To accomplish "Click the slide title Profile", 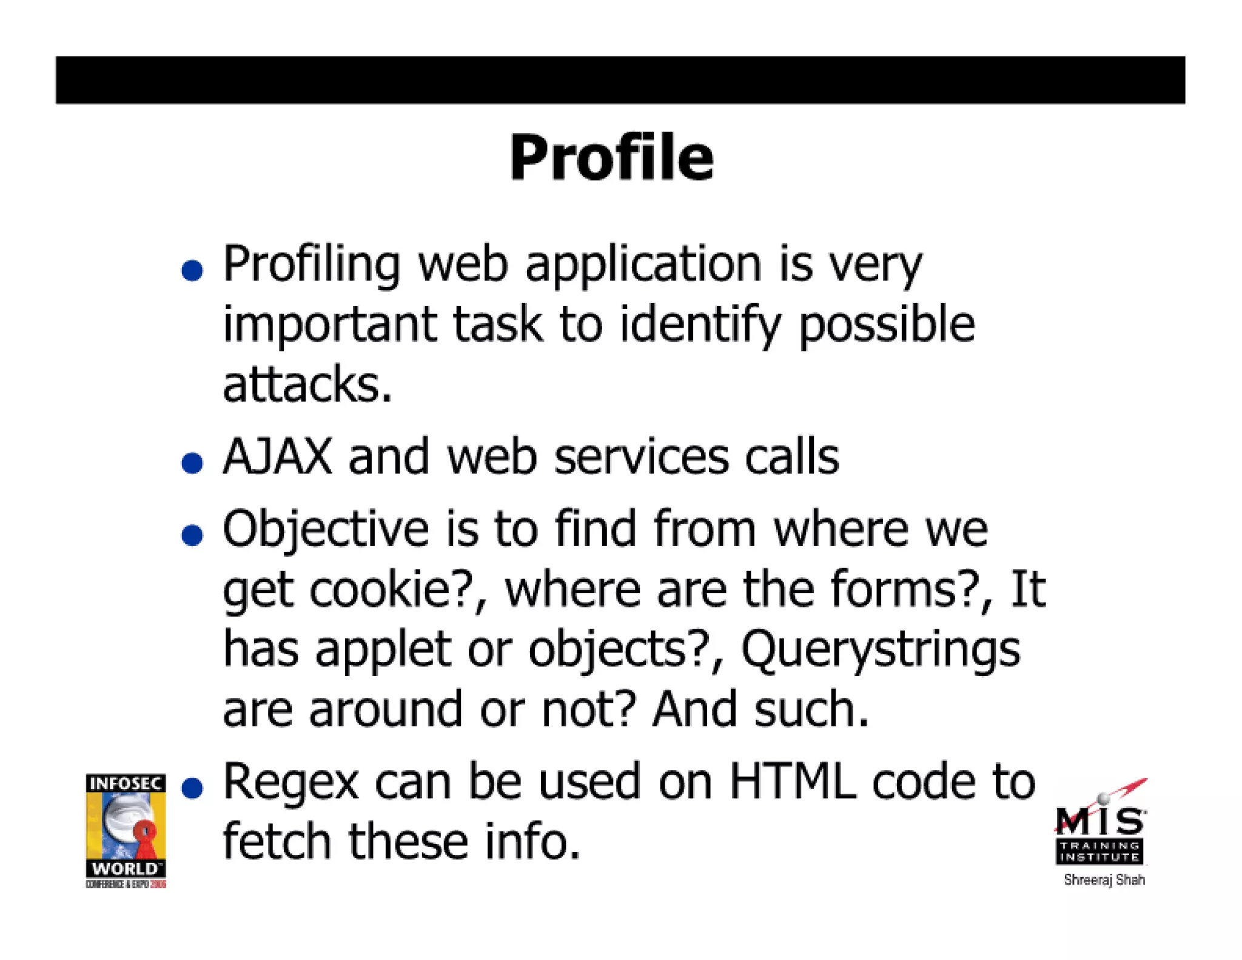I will [611, 158].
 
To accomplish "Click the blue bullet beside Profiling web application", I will [192, 270].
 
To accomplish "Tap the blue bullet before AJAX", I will [192, 463].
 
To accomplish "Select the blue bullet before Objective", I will [192, 535].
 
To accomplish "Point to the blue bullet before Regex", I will [192, 788].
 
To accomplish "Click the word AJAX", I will [278, 456].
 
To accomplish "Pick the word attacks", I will [307, 384].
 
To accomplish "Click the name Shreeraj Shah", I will [1104, 880].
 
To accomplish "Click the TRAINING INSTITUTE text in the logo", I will [1100, 851].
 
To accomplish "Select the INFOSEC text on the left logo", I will [126, 783].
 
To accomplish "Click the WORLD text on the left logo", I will [124, 868].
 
